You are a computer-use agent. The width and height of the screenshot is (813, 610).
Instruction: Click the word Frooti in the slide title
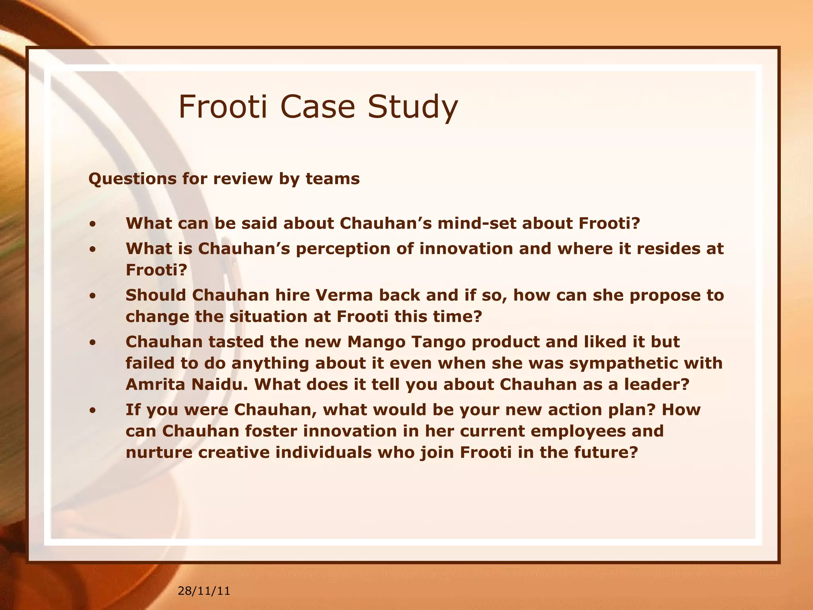[223, 106]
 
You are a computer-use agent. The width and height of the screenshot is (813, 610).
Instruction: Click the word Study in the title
[412, 107]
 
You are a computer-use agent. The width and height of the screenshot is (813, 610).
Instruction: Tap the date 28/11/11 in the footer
[204, 591]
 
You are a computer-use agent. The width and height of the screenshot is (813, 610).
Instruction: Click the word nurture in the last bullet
[159, 452]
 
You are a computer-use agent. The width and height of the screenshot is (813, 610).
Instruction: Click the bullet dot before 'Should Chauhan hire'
[92, 296]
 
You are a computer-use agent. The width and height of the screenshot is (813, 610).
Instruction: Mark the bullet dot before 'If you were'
[92, 411]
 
